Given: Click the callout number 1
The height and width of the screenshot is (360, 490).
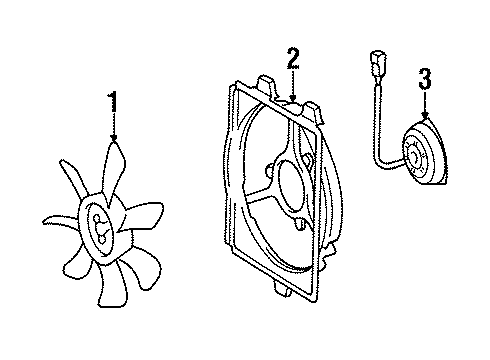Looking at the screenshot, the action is tap(113, 101).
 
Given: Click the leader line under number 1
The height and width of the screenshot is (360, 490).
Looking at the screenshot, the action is tap(113, 122).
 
